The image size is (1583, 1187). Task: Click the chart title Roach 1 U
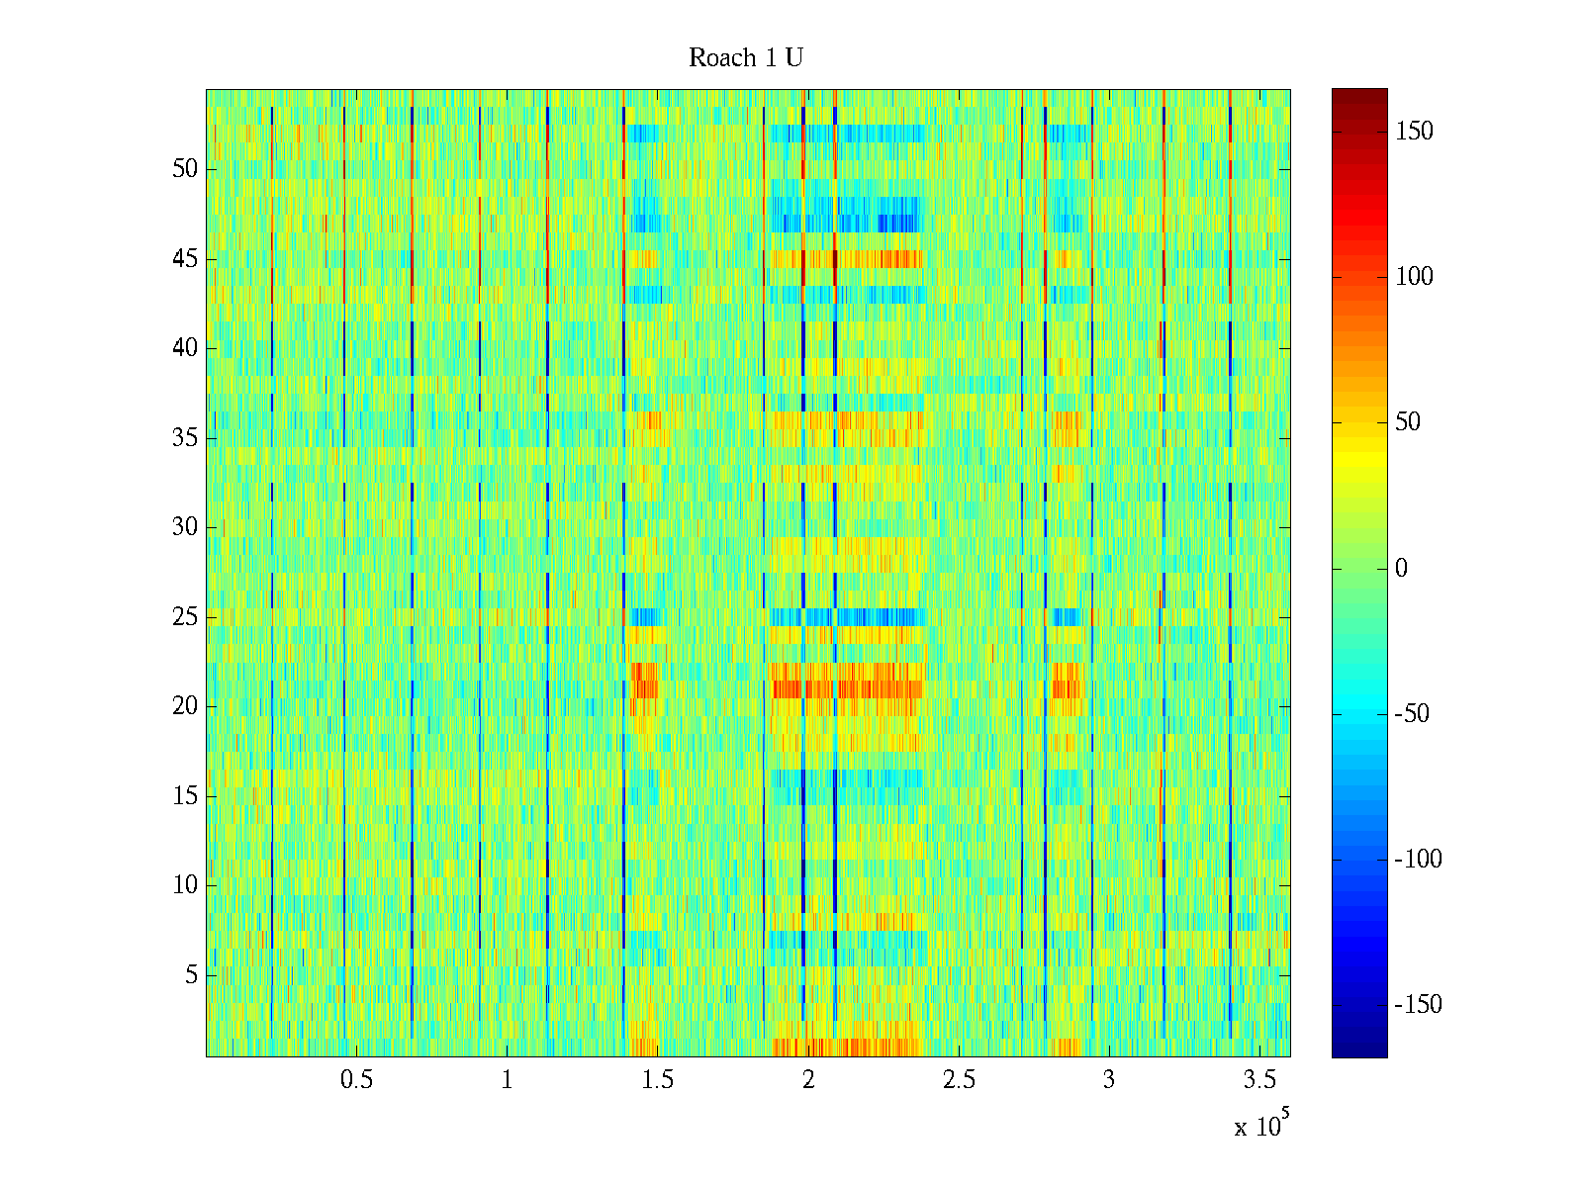tap(746, 58)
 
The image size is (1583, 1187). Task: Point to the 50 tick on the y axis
tap(185, 169)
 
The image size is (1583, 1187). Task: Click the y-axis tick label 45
tap(185, 259)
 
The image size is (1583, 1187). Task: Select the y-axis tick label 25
tap(185, 617)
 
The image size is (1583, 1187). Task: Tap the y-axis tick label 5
tap(191, 975)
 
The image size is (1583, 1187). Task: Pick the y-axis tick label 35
tap(185, 438)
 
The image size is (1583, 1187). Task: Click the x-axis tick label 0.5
tap(356, 1080)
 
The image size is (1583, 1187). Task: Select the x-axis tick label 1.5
tap(658, 1080)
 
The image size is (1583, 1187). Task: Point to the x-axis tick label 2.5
tap(959, 1080)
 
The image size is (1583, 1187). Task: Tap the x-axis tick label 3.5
tap(1259, 1080)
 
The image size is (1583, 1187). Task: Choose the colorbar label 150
tap(1414, 132)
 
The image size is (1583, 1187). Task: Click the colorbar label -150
tap(1418, 1005)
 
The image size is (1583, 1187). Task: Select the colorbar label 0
tap(1401, 569)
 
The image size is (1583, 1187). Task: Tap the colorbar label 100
tap(1414, 277)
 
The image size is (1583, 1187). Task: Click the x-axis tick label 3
tap(1109, 1080)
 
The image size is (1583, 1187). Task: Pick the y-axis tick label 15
tap(185, 796)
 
